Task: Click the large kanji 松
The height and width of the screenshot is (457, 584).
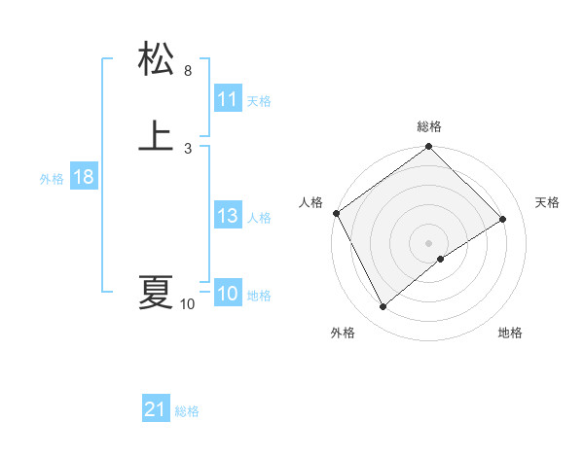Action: [156, 59]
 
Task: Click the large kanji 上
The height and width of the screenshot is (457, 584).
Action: [156, 135]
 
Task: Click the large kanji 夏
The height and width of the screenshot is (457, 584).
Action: [156, 292]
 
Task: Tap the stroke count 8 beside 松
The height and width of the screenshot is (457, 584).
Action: [188, 71]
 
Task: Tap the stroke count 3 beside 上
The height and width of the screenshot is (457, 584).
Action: [188, 148]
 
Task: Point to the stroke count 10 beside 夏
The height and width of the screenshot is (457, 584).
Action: [188, 304]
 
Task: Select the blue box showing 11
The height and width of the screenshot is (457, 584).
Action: [228, 99]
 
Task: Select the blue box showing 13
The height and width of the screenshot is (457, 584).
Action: [228, 217]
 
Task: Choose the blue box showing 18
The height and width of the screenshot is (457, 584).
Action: [84, 177]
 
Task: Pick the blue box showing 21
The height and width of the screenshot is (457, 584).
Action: [156, 410]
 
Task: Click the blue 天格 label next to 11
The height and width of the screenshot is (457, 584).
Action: [259, 100]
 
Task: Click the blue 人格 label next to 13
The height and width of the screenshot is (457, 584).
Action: [259, 218]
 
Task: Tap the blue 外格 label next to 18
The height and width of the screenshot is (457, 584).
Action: [52, 178]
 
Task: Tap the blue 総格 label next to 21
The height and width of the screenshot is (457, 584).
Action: [187, 411]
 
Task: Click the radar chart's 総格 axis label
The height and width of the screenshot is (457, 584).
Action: [429, 126]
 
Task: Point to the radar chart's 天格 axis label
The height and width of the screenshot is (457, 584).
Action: [547, 202]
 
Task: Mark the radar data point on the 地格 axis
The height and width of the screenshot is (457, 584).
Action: [441, 259]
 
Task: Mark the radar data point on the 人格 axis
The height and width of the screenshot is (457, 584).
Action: [336, 213]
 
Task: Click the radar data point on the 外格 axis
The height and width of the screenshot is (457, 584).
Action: [383, 307]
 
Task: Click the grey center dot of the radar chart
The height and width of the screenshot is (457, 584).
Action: [429, 243]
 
